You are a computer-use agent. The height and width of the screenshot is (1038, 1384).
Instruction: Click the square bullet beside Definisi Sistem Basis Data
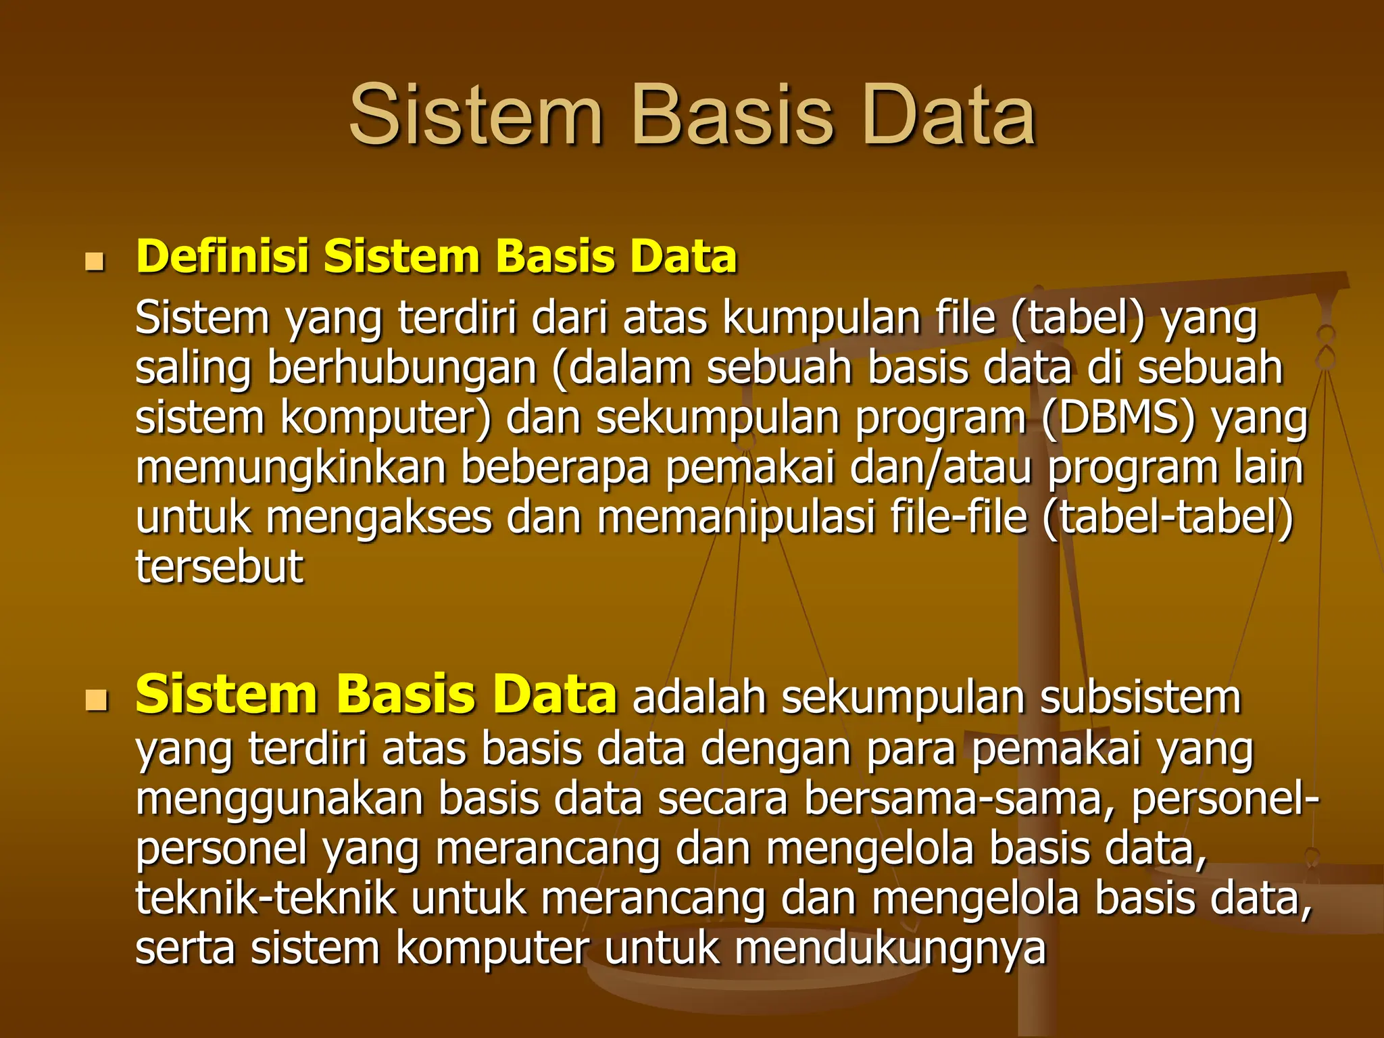pyautogui.click(x=95, y=261)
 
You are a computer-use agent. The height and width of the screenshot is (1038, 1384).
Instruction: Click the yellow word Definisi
pyautogui.click(x=222, y=257)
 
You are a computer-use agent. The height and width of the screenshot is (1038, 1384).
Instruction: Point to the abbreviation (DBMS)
pyautogui.click(x=1118, y=418)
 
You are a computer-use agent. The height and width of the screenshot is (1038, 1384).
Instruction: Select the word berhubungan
pyautogui.click(x=401, y=369)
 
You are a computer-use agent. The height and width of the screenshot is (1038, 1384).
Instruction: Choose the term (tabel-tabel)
pyautogui.click(x=1168, y=518)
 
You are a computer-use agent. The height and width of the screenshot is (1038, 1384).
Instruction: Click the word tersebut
pyautogui.click(x=219, y=566)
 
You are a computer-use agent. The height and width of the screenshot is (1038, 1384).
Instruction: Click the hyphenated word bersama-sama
pyautogui.click(x=959, y=799)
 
